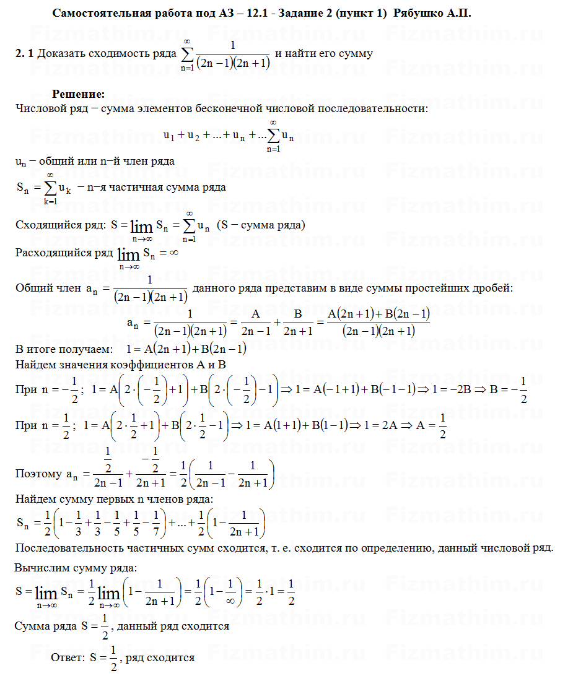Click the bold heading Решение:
point(78,94)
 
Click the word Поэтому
point(38,474)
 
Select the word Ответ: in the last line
point(68,657)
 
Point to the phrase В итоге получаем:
point(64,348)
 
